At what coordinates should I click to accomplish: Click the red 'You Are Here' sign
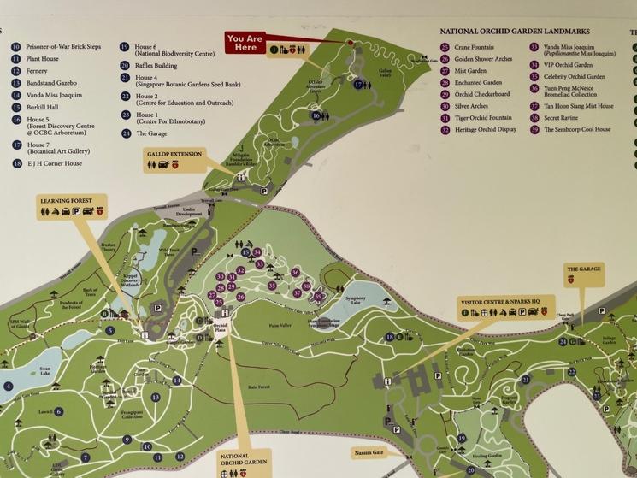(245, 42)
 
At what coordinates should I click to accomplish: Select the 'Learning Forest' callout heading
(66, 201)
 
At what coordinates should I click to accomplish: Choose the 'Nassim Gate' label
(368, 452)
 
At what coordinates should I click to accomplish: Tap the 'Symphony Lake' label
(356, 298)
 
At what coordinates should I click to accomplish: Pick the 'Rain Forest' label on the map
(259, 387)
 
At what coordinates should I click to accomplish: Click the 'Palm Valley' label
(280, 325)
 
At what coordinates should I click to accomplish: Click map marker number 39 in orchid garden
(317, 296)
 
